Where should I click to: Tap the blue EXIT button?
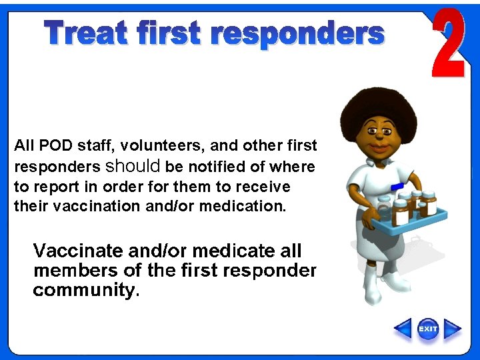coord(428,329)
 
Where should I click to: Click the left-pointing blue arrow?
coord(403,329)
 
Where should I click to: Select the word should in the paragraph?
coord(133,165)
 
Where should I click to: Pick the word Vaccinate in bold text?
coord(77,251)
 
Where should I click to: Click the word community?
coord(83,291)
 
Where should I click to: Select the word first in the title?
coord(170,33)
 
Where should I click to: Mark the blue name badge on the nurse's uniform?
coord(397,186)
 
